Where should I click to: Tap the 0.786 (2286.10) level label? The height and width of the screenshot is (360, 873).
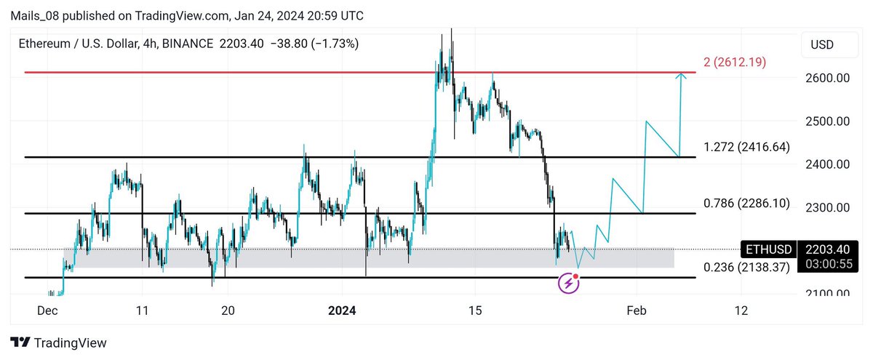point(746,204)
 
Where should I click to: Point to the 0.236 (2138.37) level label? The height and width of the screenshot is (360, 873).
point(746,268)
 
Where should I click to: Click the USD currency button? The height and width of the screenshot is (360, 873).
point(823,45)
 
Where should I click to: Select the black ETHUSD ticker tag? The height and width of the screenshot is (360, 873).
point(768,249)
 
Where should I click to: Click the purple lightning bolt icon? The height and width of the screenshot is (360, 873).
point(568,284)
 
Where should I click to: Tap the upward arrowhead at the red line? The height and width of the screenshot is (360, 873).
point(681,76)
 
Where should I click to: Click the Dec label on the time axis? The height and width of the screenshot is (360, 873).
point(48,311)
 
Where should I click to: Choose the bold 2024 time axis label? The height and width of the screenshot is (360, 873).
point(342,311)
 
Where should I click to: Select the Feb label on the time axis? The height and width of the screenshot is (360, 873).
point(637,311)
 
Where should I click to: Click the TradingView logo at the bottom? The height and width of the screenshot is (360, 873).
point(58,343)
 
